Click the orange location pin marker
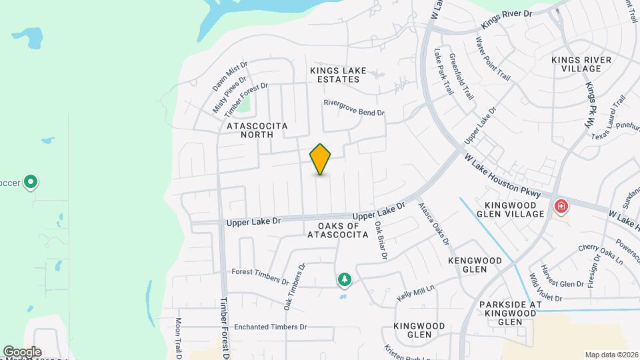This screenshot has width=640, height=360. click(x=321, y=159)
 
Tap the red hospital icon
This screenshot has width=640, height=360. click(x=561, y=207)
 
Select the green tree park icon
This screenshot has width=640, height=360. click(x=345, y=280)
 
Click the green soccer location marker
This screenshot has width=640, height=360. click(x=30, y=181)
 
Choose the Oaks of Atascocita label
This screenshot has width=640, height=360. click(x=338, y=230)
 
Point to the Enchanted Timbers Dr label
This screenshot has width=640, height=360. click(x=270, y=327)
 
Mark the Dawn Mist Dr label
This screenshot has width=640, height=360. click(x=230, y=77)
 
